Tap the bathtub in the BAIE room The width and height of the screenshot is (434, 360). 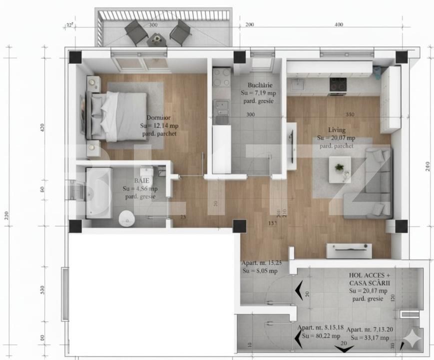pos(98,192)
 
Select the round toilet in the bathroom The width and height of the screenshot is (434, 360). pos(127,216)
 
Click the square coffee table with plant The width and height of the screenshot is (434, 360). pos(339,169)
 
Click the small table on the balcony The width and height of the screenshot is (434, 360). pos(157,38)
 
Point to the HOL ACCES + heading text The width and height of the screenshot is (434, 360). pos(370,275)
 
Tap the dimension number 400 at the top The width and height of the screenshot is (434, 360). pos(339,24)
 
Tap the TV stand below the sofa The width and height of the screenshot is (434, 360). pos(349,250)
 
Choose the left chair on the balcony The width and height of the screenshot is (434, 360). pos(136,31)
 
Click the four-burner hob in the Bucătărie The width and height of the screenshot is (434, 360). pos(222,77)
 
